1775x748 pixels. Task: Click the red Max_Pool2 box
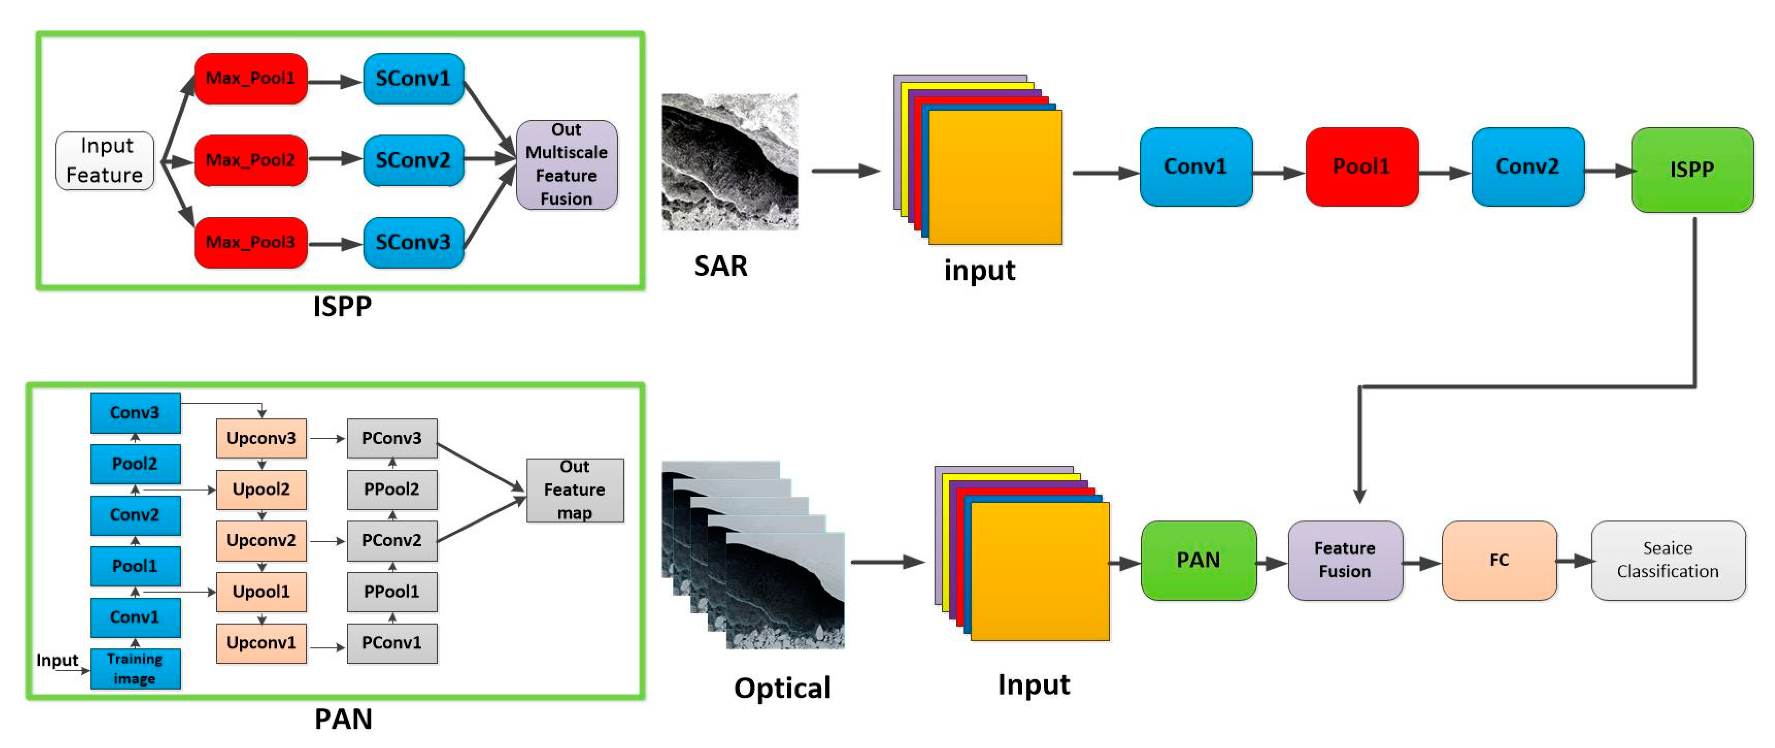click(x=251, y=160)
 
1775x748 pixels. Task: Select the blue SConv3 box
click(x=413, y=242)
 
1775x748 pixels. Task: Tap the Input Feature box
click(x=105, y=160)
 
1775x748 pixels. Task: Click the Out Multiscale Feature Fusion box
click(x=566, y=164)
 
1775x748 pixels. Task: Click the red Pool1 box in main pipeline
click(x=1361, y=166)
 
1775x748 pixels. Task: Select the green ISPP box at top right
click(x=1692, y=169)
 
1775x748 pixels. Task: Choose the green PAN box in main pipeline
click(x=1198, y=560)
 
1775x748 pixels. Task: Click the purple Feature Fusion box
click(x=1344, y=560)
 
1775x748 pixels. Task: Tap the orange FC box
click(x=1499, y=560)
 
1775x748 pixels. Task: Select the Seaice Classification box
click(x=1668, y=560)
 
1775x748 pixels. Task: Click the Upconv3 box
click(x=261, y=438)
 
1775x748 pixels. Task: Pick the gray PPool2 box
click(x=391, y=489)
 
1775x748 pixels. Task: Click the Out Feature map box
click(x=575, y=490)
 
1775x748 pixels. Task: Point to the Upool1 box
click(x=261, y=591)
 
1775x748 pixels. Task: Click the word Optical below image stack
click(x=782, y=688)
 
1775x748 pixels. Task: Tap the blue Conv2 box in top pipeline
click(x=1527, y=166)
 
